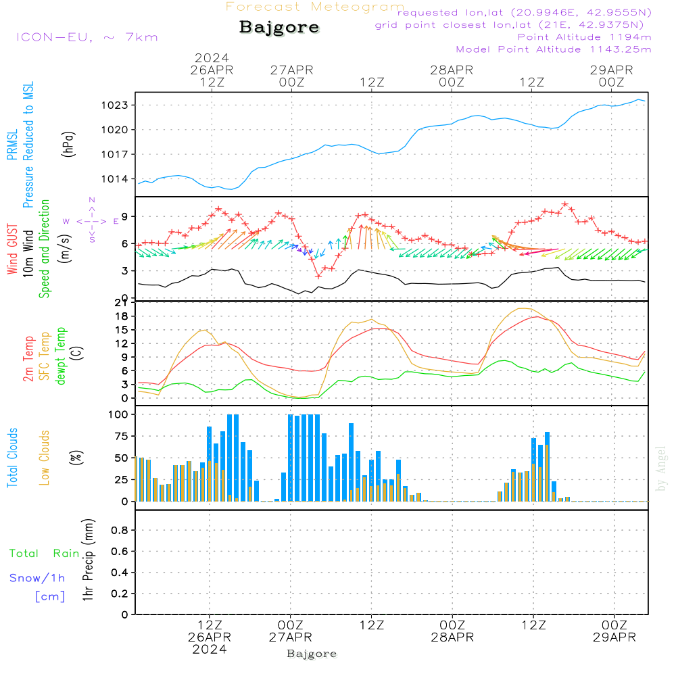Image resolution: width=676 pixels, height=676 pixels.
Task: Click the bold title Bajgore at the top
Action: [x=279, y=28]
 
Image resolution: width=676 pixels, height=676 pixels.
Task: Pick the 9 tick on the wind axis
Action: [x=126, y=216]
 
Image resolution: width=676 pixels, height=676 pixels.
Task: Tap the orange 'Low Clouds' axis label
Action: [x=45, y=458]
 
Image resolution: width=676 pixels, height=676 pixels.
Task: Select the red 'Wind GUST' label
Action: [x=13, y=250]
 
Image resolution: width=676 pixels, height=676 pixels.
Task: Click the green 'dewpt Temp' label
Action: [x=61, y=356]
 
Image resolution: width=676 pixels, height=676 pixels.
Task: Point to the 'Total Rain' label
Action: [x=45, y=554]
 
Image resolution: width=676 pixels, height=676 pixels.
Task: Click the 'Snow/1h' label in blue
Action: [x=38, y=578]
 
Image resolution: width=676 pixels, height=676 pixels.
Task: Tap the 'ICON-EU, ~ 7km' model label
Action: [x=87, y=37]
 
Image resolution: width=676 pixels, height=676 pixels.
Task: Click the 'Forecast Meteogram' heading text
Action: [x=314, y=7]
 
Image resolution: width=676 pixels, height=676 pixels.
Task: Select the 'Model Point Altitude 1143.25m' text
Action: [x=554, y=49]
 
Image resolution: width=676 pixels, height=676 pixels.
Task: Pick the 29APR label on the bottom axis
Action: [x=614, y=637]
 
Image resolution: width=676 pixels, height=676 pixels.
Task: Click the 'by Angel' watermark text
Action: [x=662, y=468]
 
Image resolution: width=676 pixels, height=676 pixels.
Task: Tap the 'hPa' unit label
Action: [x=68, y=143]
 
